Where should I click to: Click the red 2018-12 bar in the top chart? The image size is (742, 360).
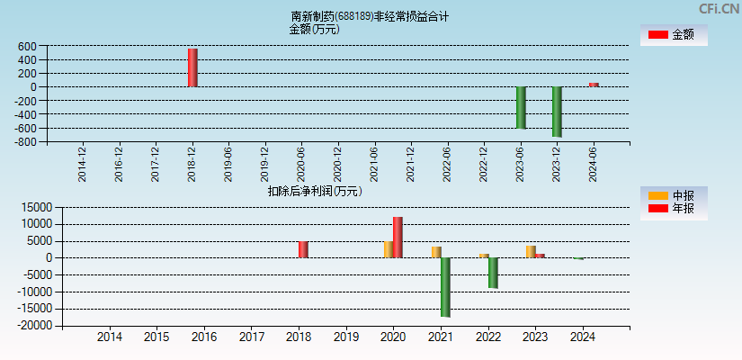(192, 67)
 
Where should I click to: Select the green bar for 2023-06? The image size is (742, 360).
(521, 107)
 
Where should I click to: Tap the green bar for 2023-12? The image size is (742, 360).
(557, 112)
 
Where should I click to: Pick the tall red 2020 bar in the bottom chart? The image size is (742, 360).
(398, 238)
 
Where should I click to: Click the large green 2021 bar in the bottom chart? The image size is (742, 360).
(445, 287)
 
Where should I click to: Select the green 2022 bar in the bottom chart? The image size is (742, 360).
(493, 273)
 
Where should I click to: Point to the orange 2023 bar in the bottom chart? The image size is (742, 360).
(531, 252)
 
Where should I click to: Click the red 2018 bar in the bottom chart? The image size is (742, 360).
(303, 249)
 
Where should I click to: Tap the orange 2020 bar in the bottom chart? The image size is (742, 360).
(389, 249)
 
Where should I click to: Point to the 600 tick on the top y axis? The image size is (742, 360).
(26, 46)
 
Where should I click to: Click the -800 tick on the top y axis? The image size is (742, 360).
(24, 141)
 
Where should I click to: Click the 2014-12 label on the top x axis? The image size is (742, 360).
(83, 165)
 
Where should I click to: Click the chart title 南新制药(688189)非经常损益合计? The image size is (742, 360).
(370, 16)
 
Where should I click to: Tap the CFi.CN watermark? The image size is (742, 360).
(719, 8)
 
